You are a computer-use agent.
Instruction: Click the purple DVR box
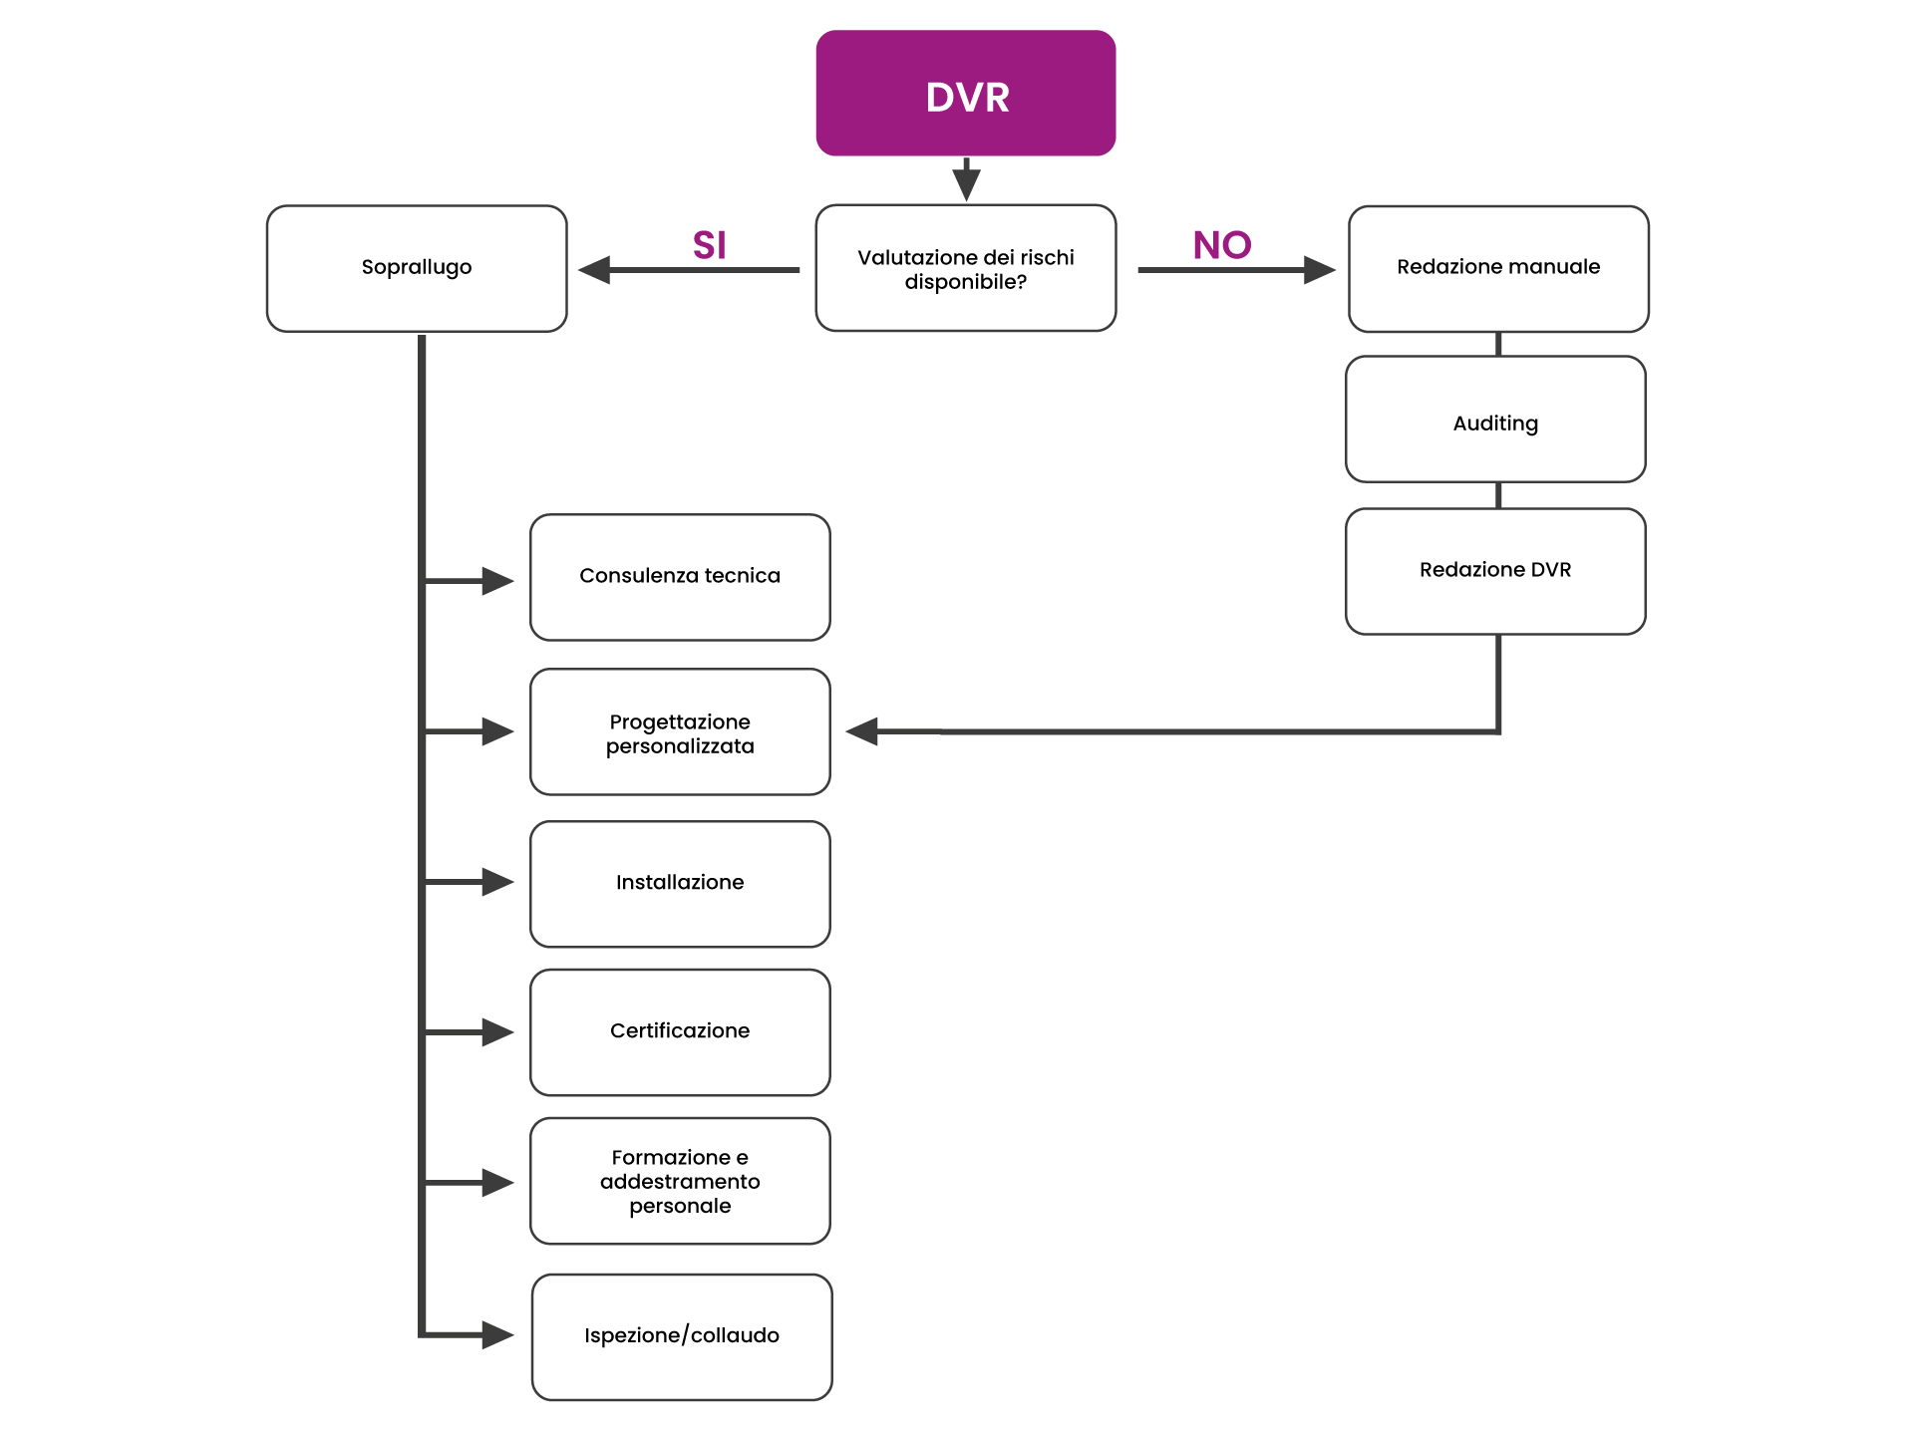[965, 94]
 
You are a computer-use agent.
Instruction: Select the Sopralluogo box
[417, 268]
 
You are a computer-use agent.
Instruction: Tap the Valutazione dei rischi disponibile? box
[965, 268]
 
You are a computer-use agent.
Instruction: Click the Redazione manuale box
[1497, 268]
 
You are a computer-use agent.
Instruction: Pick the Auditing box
[1494, 420]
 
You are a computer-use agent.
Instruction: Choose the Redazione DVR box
[1494, 571]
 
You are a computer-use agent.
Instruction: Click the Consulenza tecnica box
[680, 577]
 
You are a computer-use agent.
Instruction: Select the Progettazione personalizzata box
[680, 731]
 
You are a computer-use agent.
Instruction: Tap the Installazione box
[680, 884]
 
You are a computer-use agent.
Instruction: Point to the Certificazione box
[680, 1032]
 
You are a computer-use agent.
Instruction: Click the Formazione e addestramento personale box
[680, 1181]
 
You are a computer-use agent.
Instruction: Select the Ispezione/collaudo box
[682, 1336]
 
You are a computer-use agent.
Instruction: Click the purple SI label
[709, 245]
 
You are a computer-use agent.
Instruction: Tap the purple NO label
[1222, 245]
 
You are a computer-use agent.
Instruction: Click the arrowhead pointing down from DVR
[966, 184]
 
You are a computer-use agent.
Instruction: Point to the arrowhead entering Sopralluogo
[595, 270]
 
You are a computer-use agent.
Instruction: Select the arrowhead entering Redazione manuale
[1319, 270]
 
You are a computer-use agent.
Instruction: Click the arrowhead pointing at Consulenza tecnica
[497, 581]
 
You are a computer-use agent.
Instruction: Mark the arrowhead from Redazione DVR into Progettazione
[862, 731]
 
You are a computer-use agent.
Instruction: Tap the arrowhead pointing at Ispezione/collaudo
[497, 1334]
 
